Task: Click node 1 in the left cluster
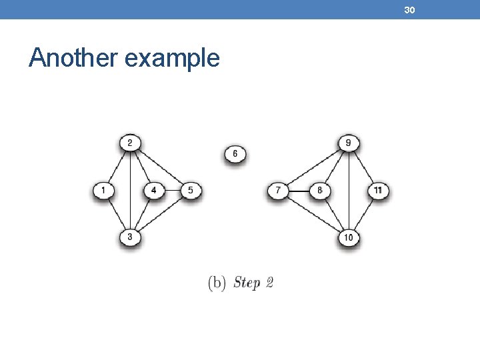click(x=103, y=191)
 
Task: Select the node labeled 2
click(x=130, y=143)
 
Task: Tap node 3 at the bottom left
click(x=130, y=237)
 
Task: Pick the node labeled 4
click(x=154, y=191)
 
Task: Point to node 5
click(x=191, y=191)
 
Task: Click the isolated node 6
click(x=235, y=155)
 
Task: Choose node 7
click(x=278, y=191)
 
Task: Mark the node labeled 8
click(x=320, y=191)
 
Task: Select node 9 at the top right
click(x=349, y=143)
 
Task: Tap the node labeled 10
click(x=349, y=237)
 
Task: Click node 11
click(x=378, y=191)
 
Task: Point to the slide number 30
click(x=409, y=9)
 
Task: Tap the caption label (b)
click(x=217, y=283)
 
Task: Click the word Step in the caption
click(x=247, y=283)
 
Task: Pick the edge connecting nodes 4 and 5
click(x=172, y=191)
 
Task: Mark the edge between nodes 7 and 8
click(x=299, y=191)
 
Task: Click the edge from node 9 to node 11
click(x=363, y=167)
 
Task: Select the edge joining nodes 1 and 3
click(x=117, y=214)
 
